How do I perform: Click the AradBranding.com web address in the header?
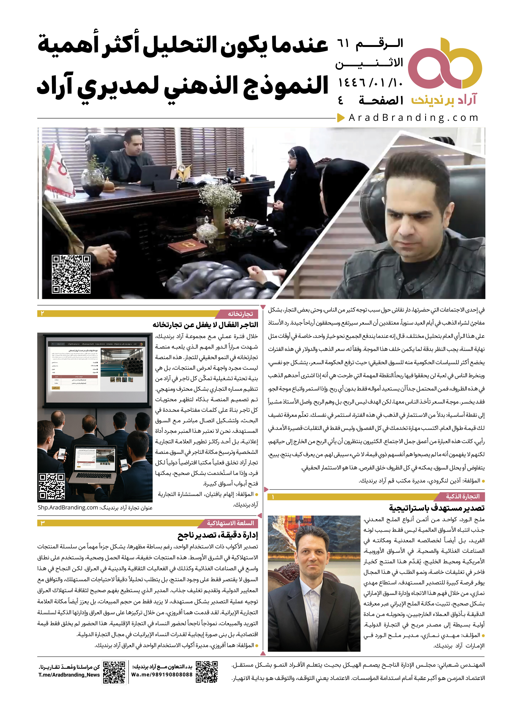coord(413,118)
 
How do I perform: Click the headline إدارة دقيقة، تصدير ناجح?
coord(218,535)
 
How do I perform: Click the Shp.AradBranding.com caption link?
coord(68,508)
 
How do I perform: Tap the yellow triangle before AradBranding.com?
coord(341,118)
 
